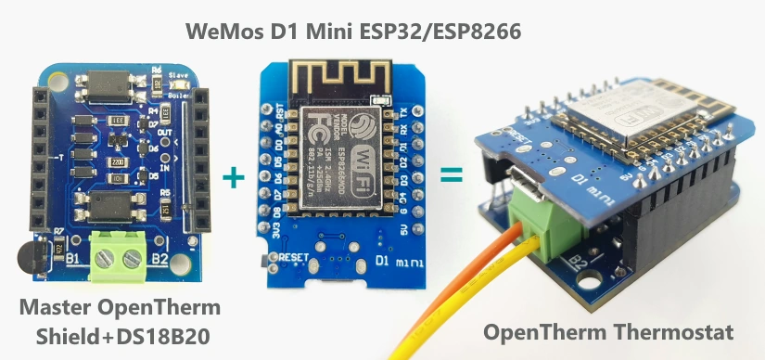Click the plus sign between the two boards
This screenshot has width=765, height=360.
pyautogui.click(x=238, y=176)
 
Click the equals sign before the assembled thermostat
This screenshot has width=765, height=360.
pyautogui.click(x=451, y=173)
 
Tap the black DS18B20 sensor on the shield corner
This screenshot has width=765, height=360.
pyautogui.click(x=29, y=257)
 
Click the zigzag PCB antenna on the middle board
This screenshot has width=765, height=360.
pyautogui.click(x=339, y=77)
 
